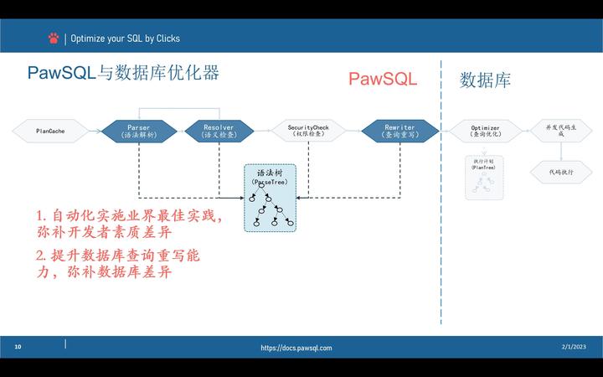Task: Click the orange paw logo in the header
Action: pyautogui.click(x=54, y=38)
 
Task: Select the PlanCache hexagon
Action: pyautogui.click(x=50, y=131)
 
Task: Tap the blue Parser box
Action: pyautogui.click(x=139, y=131)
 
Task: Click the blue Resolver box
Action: pyautogui.click(x=218, y=131)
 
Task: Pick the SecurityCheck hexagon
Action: pyautogui.click(x=308, y=131)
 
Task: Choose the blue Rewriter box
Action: pyautogui.click(x=399, y=131)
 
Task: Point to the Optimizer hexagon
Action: pyautogui.click(x=486, y=131)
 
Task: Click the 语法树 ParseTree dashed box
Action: pyautogui.click(x=271, y=199)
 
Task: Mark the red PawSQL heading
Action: pyautogui.click(x=383, y=80)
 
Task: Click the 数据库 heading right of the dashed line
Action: pyautogui.click(x=486, y=80)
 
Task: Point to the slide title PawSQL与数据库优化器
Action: pyautogui.click(x=123, y=73)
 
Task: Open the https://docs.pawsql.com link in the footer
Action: pyautogui.click(x=296, y=348)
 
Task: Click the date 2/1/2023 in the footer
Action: pyautogui.click(x=574, y=347)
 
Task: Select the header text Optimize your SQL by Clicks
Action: pyautogui.click(x=125, y=39)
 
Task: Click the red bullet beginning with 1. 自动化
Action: pyautogui.click(x=130, y=224)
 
